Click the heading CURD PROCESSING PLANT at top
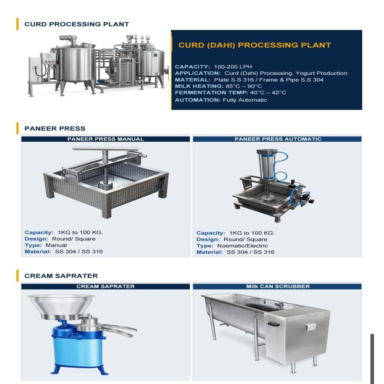click(76, 24)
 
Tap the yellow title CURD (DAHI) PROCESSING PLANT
click(254, 45)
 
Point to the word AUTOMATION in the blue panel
click(197, 100)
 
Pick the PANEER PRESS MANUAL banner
click(106, 139)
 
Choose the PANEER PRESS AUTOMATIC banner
click(278, 139)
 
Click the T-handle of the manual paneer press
click(105, 149)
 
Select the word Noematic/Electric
click(242, 246)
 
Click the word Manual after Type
click(56, 245)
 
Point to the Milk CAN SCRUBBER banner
click(278, 286)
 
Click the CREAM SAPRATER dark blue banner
click(106, 286)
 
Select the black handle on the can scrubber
click(273, 324)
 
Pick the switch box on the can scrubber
click(310, 327)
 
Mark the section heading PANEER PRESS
click(55, 129)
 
